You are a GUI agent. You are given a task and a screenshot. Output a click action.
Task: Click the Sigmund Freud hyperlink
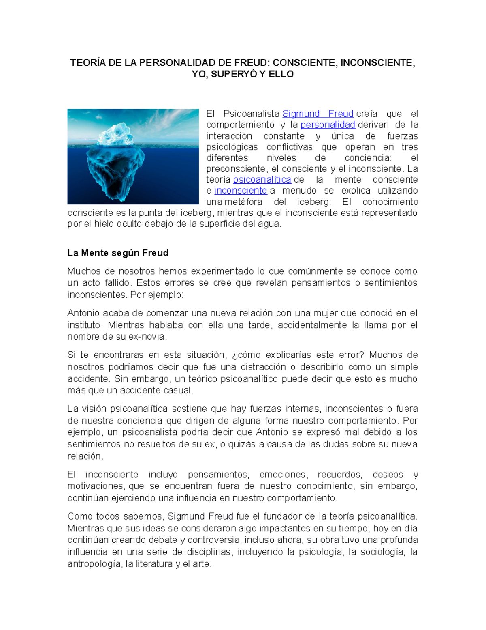tap(318, 114)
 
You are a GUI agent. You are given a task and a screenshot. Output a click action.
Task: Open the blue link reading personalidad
tap(328, 125)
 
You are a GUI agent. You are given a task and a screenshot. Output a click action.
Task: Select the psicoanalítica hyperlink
tap(262, 180)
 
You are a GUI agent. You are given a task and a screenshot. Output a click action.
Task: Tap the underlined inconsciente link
tap(241, 191)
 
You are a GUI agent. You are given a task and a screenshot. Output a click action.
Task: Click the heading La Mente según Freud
tap(118, 253)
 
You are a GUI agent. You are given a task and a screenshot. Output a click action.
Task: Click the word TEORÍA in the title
tap(87, 63)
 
